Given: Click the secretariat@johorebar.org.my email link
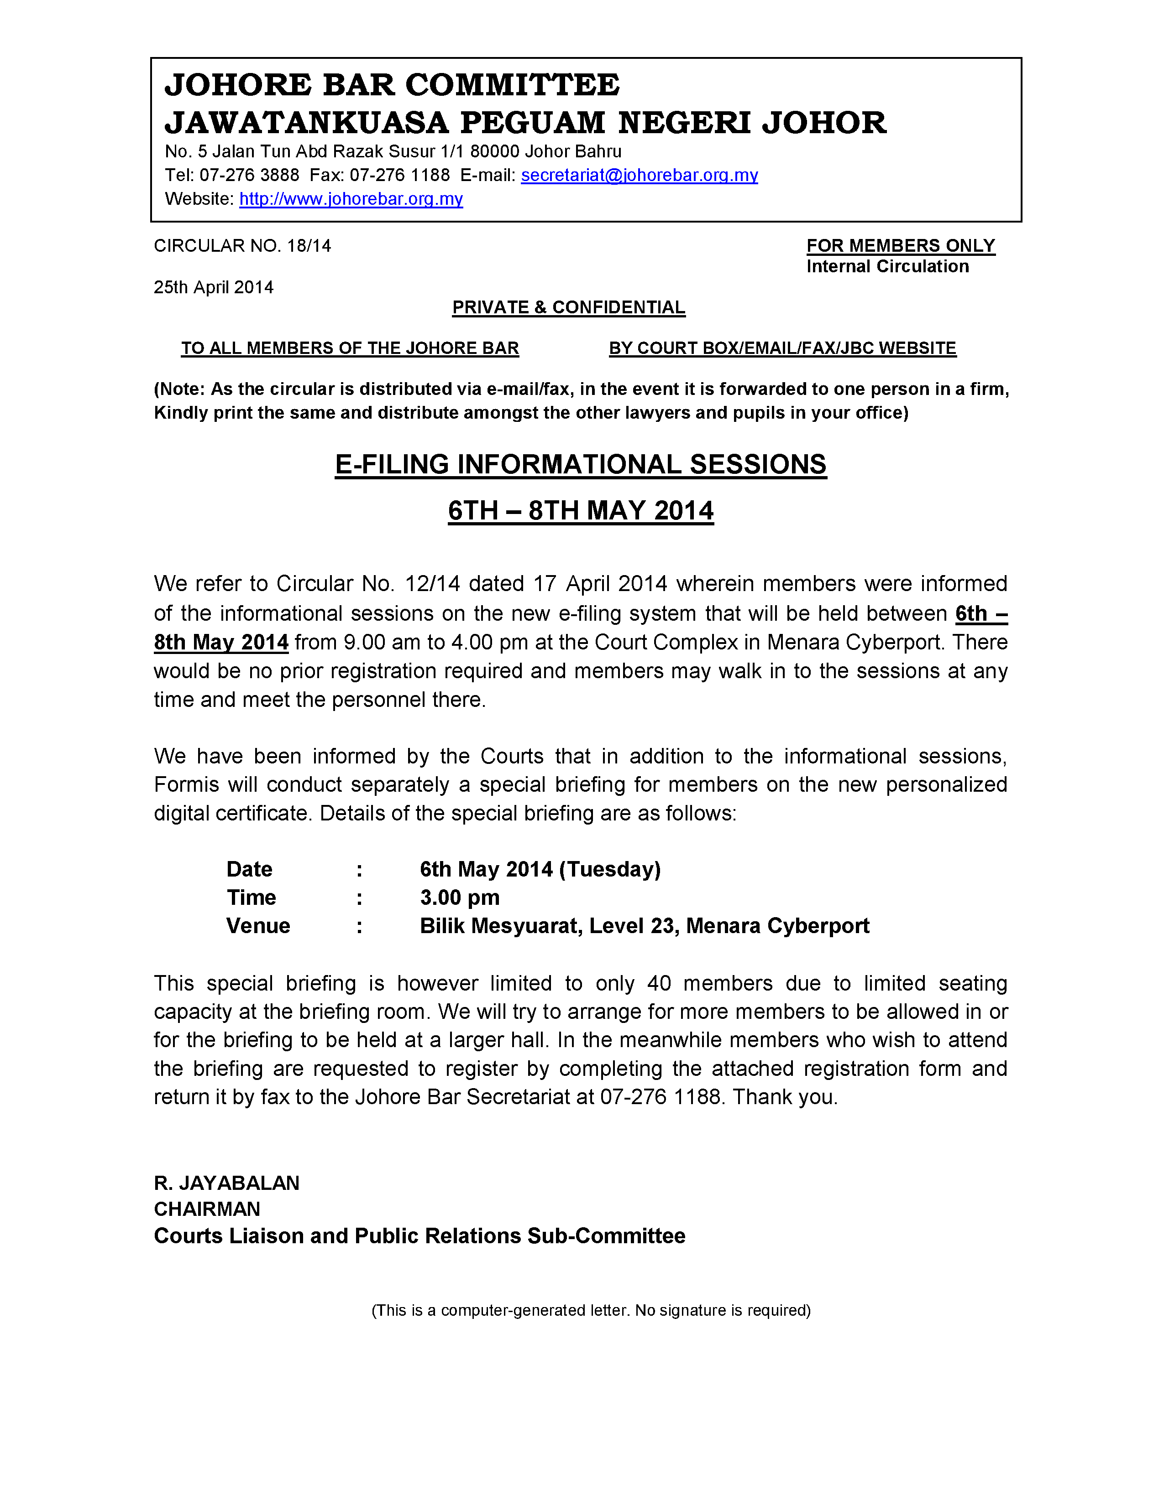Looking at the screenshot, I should (x=639, y=176).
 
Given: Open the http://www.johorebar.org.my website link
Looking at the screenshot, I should (x=351, y=199).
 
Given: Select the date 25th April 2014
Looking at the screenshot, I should (x=214, y=287).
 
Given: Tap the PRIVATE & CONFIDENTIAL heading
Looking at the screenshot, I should (x=569, y=307).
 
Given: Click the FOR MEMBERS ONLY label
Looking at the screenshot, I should (x=901, y=246).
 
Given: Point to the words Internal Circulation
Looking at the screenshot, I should (x=887, y=267).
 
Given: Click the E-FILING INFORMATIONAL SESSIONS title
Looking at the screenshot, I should (x=581, y=464).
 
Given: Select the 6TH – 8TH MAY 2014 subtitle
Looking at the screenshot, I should (x=581, y=511).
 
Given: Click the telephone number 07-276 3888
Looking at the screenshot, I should (x=250, y=176).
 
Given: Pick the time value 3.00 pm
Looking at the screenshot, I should (x=460, y=897).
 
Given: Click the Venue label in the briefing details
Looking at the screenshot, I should (x=258, y=925).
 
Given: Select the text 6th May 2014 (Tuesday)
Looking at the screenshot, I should (x=540, y=869).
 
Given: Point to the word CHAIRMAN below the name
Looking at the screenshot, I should (x=207, y=1209).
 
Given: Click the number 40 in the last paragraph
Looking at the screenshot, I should (x=659, y=983).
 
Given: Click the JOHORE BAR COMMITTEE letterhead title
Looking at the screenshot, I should (x=393, y=85).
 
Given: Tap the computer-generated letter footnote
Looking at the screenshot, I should (x=591, y=1310).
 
